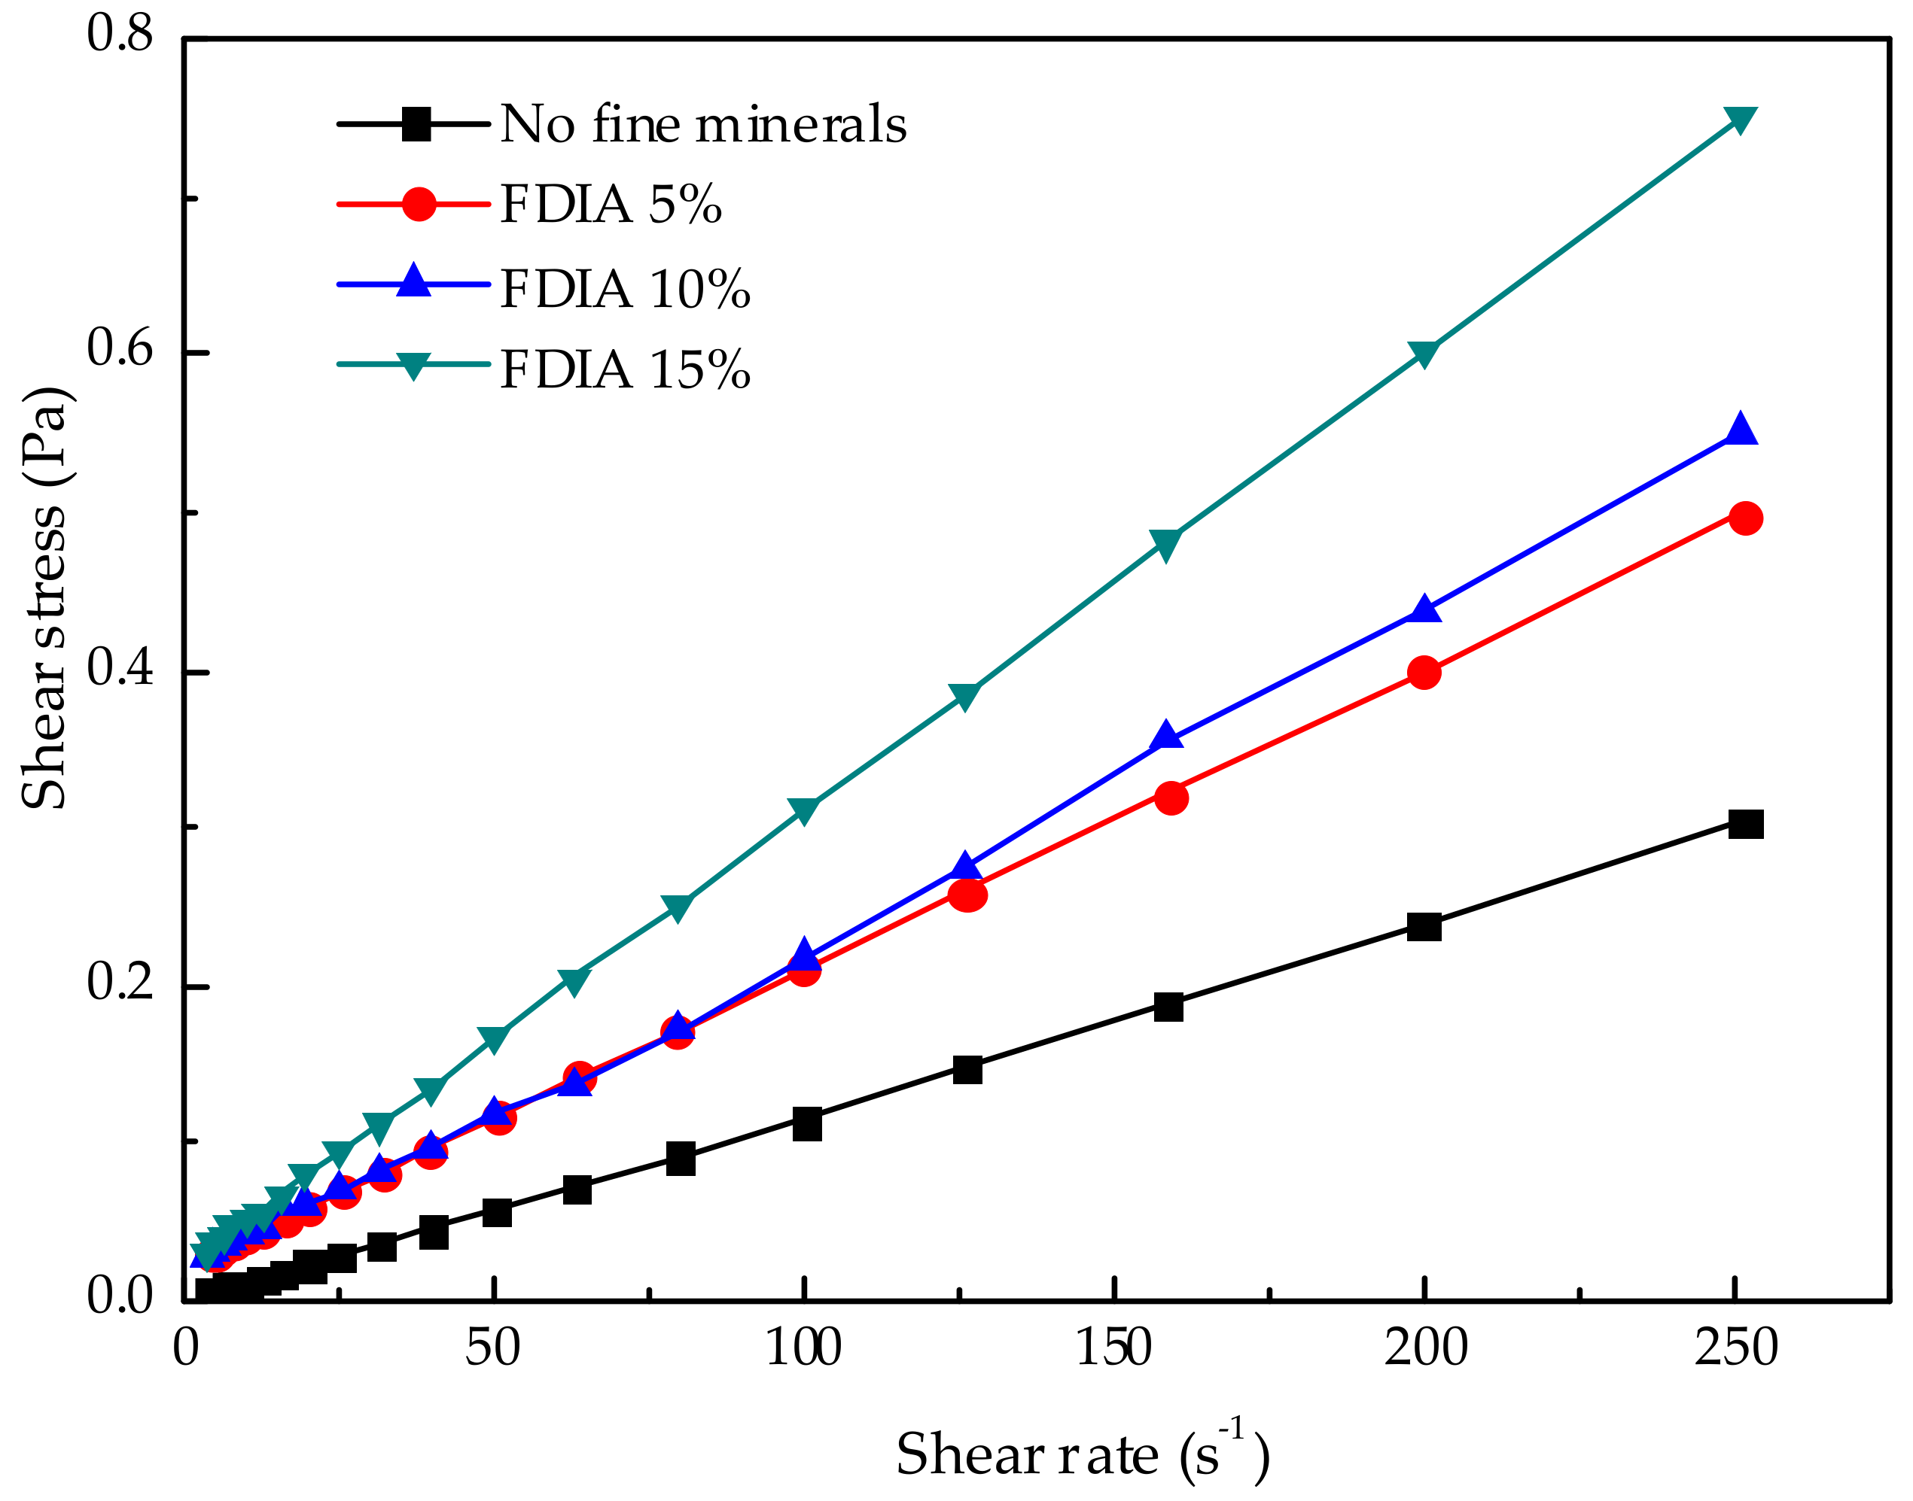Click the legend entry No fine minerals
(x=702, y=124)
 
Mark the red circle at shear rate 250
(x=1744, y=518)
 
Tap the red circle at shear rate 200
(x=1424, y=673)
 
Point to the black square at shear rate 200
(x=1424, y=926)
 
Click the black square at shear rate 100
(x=806, y=1124)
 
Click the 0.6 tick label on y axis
(x=120, y=348)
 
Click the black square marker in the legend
(x=415, y=124)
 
